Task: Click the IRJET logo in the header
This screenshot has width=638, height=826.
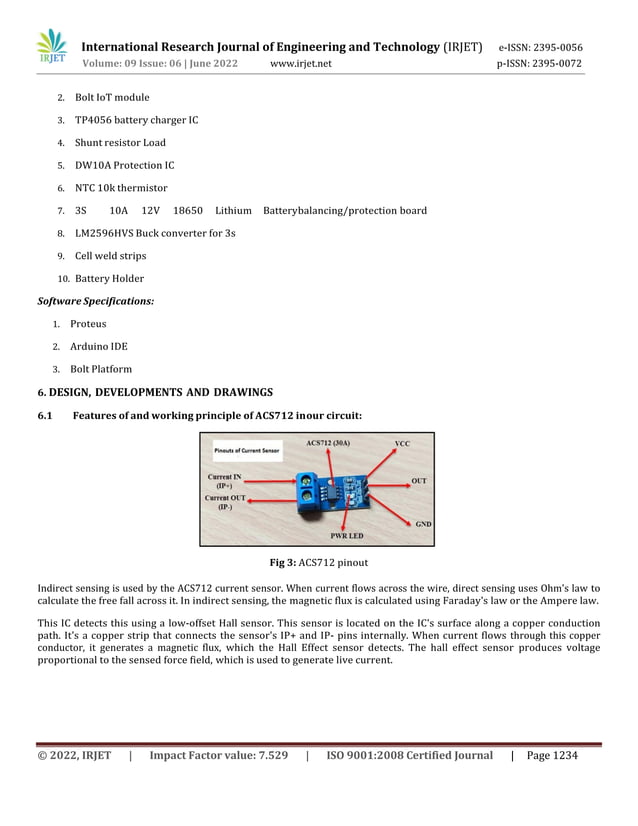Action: point(51,50)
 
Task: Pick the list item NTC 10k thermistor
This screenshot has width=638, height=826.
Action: point(121,188)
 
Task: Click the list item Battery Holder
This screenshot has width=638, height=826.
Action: point(109,279)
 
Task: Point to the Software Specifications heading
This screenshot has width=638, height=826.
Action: point(96,301)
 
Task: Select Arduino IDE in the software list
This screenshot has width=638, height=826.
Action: point(98,347)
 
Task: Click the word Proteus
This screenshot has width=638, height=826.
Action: point(88,324)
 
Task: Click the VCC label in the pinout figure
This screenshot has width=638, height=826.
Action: point(402,443)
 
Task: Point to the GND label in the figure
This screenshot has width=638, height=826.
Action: point(423,523)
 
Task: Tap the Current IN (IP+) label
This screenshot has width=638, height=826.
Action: point(224,481)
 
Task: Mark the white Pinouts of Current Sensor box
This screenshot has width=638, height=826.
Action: point(247,451)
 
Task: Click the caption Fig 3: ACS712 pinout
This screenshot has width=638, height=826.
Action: point(318,563)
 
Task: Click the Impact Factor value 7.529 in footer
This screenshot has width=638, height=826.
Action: point(218,755)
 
